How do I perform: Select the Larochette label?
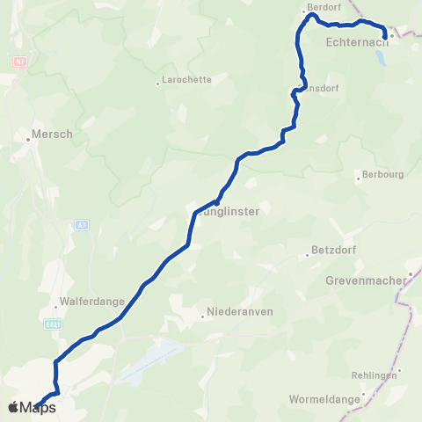(x=186, y=79)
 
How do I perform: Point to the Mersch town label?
(x=52, y=135)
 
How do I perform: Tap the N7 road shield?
(x=19, y=62)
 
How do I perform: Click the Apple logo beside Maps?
(x=13, y=407)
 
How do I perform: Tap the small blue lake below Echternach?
(x=380, y=59)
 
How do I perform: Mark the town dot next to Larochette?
(x=157, y=84)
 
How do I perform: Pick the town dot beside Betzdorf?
(x=307, y=255)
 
